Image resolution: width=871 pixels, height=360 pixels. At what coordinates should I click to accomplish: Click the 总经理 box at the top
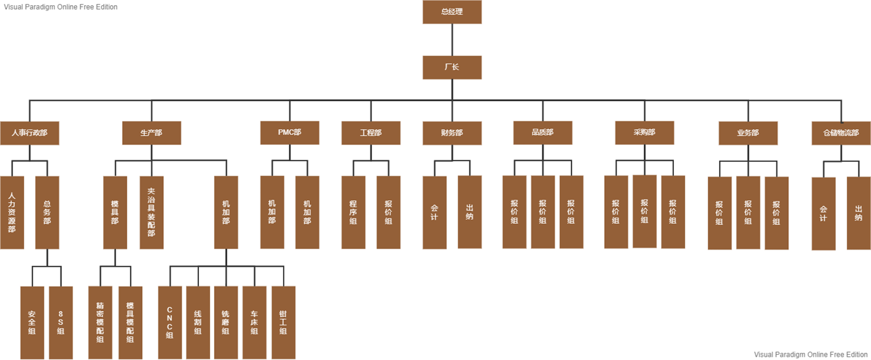tap(451, 12)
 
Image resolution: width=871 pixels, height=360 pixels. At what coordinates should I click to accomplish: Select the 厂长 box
tap(451, 67)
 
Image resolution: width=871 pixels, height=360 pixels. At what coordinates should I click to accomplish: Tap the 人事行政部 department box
tap(29, 132)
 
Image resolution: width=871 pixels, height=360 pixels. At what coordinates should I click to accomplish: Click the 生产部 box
tap(151, 132)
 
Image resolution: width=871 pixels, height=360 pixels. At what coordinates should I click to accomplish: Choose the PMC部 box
tap(290, 132)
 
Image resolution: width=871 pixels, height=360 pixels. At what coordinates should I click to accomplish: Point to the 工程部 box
tap(371, 132)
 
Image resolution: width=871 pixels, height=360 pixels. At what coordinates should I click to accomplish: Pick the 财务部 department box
tap(451, 132)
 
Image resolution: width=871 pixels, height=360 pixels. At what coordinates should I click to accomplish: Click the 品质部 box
tap(542, 132)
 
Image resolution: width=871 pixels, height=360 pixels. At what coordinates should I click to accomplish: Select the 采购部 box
tap(644, 132)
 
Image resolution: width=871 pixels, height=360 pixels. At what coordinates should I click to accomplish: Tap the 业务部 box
tap(748, 132)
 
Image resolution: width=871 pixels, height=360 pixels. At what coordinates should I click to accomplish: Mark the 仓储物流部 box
tap(840, 132)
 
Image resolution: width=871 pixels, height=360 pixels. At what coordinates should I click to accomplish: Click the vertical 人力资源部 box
tap(12, 212)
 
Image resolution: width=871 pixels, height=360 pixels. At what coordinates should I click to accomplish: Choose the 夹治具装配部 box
tap(151, 212)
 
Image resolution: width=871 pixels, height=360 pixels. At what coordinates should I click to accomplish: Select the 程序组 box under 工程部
tap(353, 212)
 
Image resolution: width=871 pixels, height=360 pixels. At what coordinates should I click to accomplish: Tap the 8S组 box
tap(61, 322)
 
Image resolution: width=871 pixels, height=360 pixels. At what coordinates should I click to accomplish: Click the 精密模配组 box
tap(100, 322)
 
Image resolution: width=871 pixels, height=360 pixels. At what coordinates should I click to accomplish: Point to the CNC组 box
tap(170, 322)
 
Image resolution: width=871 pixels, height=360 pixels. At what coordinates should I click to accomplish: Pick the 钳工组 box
tap(283, 322)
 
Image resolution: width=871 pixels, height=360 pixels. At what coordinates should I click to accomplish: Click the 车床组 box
tap(254, 322)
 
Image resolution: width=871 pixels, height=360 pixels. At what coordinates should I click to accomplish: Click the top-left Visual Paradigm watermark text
tap(61, 7)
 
